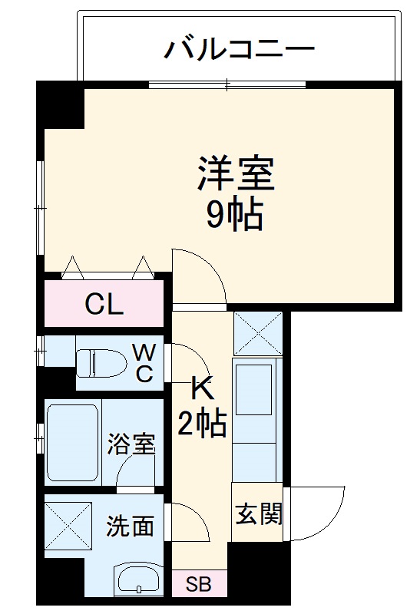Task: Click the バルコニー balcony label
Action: pyautogui.click(x=240, y=50)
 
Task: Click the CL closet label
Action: pyautogui.click(x=104, y=305)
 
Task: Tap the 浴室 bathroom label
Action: pyautogui.click(x=131, y=444)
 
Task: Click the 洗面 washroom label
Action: pyautogui.click(x=130, y=527)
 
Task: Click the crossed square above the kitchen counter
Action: pyautogui.click(x=258, y=332)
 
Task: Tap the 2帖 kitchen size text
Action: pyautogui.click(x=202, y=422)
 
